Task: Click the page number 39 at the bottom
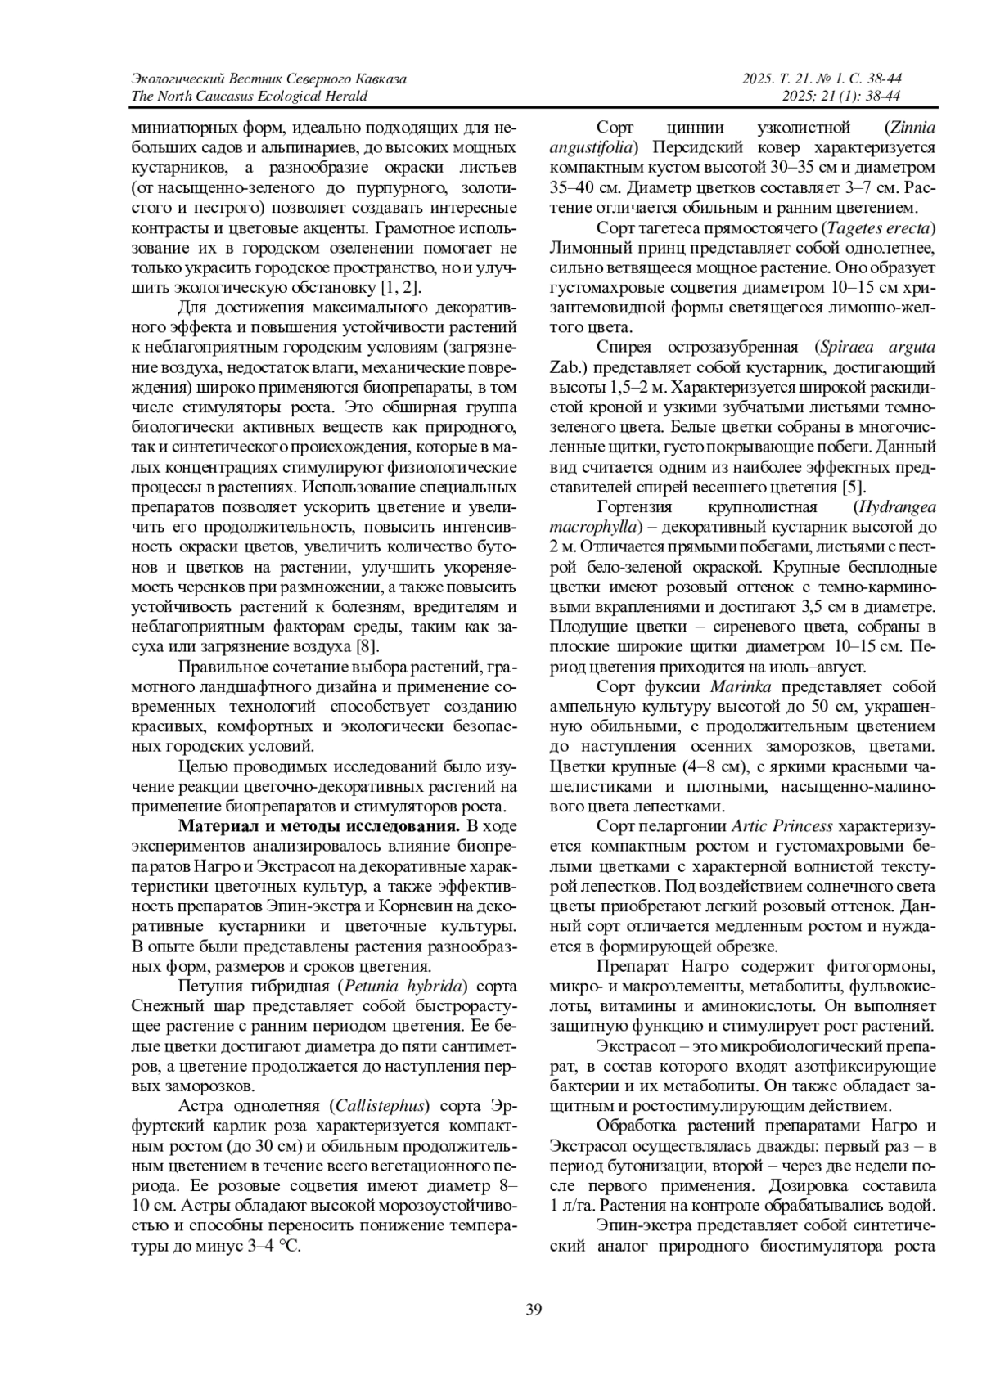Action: click(533, 1310)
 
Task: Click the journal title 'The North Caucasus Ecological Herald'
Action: click(249, 97)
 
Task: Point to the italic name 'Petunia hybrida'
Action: click(406, 985)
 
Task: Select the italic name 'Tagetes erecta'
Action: click(880, 227)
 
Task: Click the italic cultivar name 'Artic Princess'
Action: click(782, 826)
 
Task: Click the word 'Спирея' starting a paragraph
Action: click(623, 348)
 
